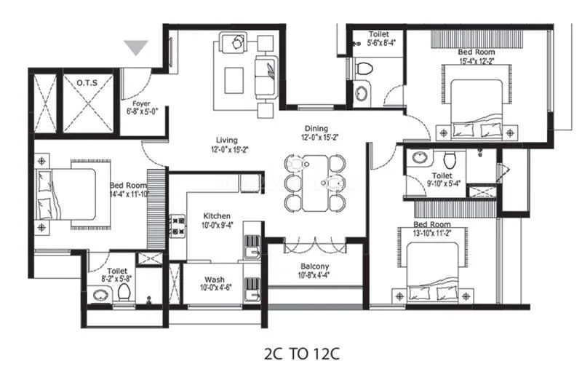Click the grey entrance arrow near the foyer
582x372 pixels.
coord(136,48)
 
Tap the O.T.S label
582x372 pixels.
coord(87,84)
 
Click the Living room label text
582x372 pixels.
coord(228,140)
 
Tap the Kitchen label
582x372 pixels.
coord(217,216)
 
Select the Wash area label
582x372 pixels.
coord(213,279)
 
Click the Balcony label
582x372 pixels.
coord(314,266)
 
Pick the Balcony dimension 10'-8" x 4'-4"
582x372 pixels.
coord(314,275)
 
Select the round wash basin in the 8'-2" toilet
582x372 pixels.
coord(100,295)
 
